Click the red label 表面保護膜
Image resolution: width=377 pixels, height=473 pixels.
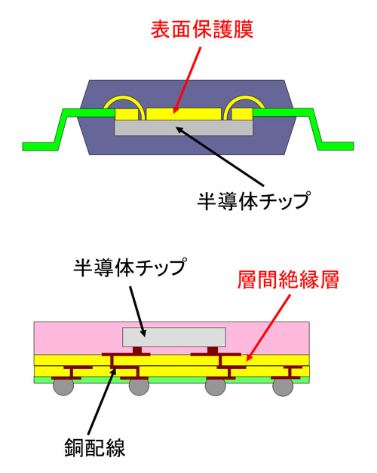pyautogui.click(x=202, y=29)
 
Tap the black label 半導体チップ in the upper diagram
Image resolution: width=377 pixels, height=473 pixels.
pyautogui.click(x=253, y=200)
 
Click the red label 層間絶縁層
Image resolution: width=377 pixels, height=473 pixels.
pyautogui.click(x=288, y=279)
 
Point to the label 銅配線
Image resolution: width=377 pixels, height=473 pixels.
pyautogui.click(x=94, y=447)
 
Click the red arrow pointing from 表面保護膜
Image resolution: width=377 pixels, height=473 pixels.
pyautogui.click(x=187, y=80)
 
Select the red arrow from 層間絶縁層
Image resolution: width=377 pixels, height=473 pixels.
pyautogui.click(x=268, y=328)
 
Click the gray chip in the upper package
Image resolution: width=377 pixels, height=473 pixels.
pyautogui.click(x=183, y=128)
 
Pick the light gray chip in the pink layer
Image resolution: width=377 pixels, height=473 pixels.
pyautogui.click(x=174, y=337)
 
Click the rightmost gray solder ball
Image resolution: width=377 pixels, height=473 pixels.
pyautogui.click(x=283, y=386)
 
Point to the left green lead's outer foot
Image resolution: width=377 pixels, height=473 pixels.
pyautogui.click(x=40, y=146)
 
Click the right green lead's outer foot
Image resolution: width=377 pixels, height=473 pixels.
pyautogui.click(x=336, y=146)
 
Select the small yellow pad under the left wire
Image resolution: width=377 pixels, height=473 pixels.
pyautogui.click(x=127, y=114)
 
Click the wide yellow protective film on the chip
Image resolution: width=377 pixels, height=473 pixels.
pyautogui.click(x=184, y=114)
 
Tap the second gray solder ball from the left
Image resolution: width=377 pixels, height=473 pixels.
pyautogui.click(x=139, y=386)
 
